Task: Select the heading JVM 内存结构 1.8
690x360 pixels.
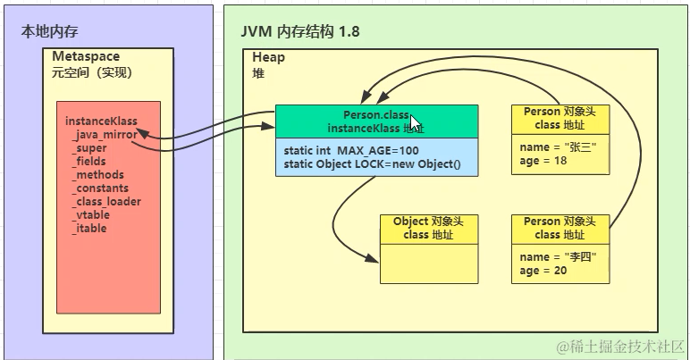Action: tap(300, 31)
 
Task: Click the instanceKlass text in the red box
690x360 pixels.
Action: tap(101, 121)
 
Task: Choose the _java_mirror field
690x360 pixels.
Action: tap(105, 135)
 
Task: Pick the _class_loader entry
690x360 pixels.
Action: tap(105, 202)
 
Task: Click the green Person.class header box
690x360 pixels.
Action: tap(375, 121)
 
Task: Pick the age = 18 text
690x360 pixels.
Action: tap(543, 162)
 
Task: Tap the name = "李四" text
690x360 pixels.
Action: tap(558, 257)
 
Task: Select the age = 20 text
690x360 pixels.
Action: tap(543, 271)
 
